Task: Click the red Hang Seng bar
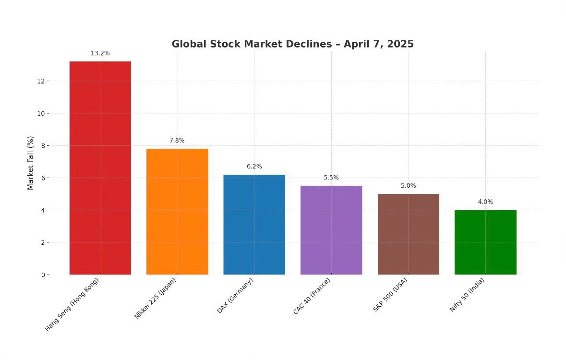[100, 168]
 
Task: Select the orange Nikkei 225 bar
[177, 212]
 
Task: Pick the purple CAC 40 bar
[331, 230]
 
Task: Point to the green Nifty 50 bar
[485, 242]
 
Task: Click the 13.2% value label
[100, 53]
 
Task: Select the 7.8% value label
[177, 141]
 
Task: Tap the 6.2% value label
[254, 167]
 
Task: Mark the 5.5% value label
[331, 178]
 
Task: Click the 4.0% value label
[485, 202]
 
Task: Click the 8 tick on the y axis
[43, 146]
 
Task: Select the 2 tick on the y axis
[43, 242]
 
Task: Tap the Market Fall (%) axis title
[31, 163]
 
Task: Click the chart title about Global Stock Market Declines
[292, 44]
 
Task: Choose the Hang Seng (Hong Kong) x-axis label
[72, 304]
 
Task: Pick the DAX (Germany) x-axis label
[235, 296]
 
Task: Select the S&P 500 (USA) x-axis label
[390, 295]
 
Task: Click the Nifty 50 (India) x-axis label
[467, 295]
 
